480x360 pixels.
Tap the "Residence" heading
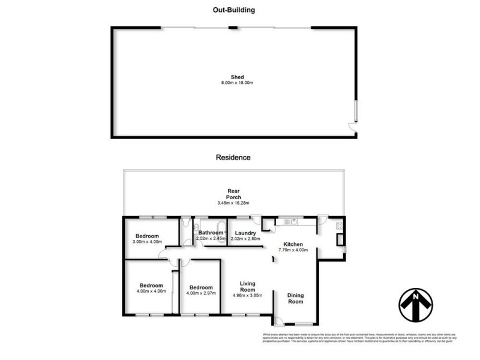click(x=233, y=157)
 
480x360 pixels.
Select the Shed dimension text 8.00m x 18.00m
click(x=233, y=82)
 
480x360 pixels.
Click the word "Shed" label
click(x=233, y=77)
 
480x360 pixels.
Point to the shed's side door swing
click(x=354, y=127)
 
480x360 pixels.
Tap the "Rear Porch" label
click(x=233, y=194)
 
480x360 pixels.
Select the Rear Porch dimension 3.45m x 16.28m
click(x=233, y=203)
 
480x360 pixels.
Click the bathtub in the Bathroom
click(x=221, y=227)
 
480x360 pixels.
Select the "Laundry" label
click(x=245, y=233)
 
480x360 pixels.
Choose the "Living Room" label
click(x=248, y=287)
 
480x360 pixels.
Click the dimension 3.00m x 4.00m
click(x=147, y=242)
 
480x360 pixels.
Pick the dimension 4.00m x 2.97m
click(x=199, y=293)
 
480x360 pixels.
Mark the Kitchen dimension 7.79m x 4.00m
click(x=293, y=251)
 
